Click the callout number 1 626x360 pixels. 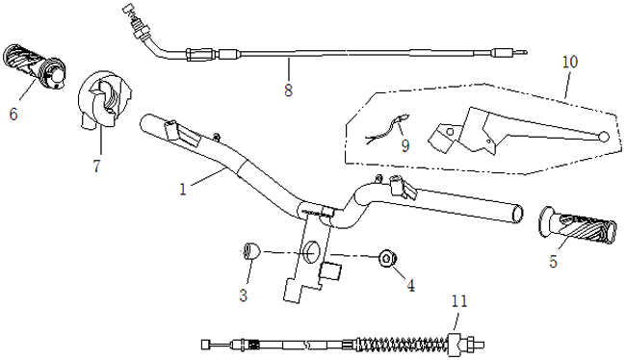point(183,190)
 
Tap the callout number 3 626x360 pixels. point(244,296)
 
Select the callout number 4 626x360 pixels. point(410,286)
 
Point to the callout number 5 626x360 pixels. point(553,262)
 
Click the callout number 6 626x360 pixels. point(13,115)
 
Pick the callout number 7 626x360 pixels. point(96,166)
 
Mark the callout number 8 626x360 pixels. point(288,90)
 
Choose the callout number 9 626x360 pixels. point(405,145)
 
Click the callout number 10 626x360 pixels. point(570,63)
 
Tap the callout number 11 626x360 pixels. point(459,301)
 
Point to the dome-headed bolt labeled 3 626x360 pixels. point(251,251)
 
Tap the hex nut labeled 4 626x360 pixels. point(386,259)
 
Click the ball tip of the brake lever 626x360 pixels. point(604,137)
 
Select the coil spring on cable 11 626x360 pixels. point(404,344)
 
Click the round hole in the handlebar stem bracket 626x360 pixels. point(312,253)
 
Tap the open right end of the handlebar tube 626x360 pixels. point(517,214)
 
